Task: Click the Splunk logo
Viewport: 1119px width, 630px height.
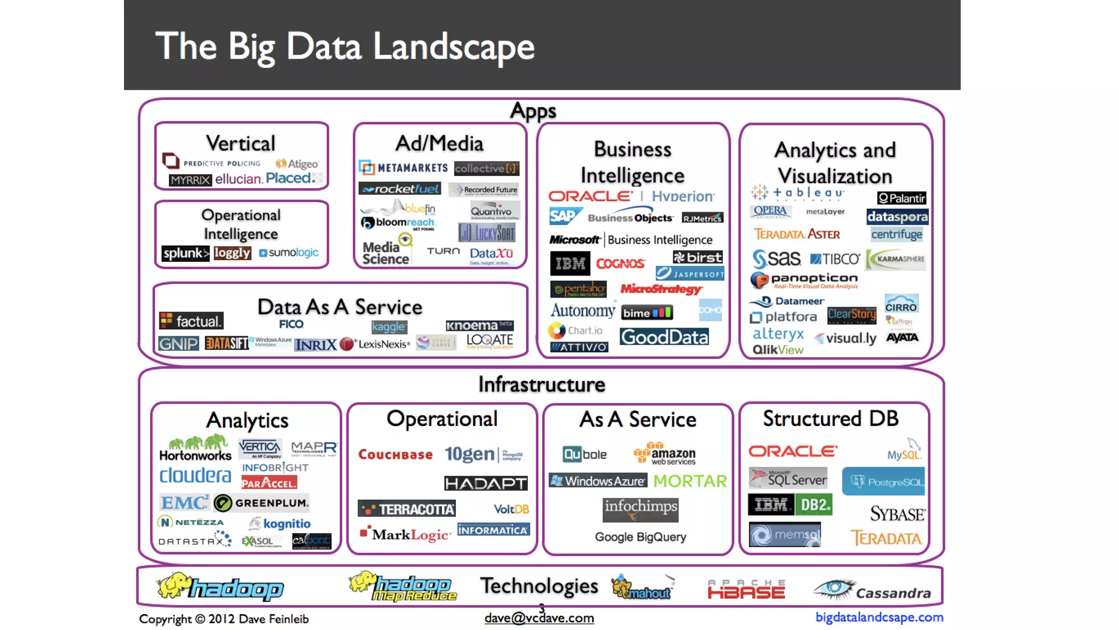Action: click(x=185, y=253)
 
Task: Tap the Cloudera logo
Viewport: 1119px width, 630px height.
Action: click(x=195, y=475)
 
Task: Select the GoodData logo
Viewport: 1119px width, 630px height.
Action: click(x=664, y=337)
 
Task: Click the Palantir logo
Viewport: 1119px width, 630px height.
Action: click(x=902, y=198)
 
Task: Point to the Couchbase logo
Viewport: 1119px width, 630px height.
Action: click(x=396, y=454)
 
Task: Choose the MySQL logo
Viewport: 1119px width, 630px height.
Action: click(x=905, y=450)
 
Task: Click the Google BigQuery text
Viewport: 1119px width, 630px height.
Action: click(x=640, y=537)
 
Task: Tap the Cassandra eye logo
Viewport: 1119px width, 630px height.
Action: click(x=834, y=588)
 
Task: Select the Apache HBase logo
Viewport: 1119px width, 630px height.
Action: click(x=746, y=589)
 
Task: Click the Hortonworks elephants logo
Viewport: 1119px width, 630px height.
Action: click(x=196, y=447)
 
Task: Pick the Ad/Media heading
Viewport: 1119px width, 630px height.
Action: click(x=439, y=144)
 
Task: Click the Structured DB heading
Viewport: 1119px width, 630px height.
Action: click(x=831, y=419)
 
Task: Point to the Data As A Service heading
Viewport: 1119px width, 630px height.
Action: click(x=340, y=307)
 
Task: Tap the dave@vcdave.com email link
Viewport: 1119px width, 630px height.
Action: click(x=539, y=618)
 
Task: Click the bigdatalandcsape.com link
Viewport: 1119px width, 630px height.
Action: click(x=879, y=617)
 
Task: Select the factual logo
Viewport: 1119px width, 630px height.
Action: click(x=191, y=321)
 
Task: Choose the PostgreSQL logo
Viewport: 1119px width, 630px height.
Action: click(x=884, y=481)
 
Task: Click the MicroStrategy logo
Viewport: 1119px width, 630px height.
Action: click(x=661, y=289)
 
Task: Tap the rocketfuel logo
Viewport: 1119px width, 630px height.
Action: click(x=400, y=189)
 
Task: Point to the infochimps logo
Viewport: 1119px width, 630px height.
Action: click(x=640, y=509)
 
